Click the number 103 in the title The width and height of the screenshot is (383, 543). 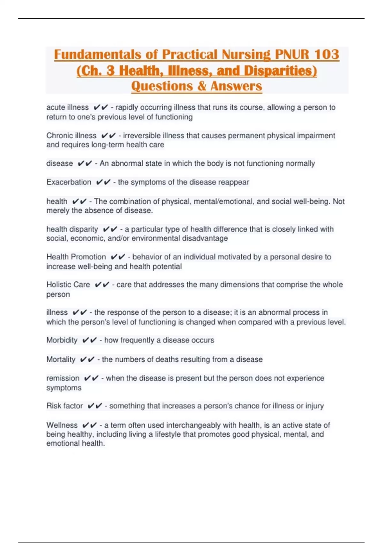point(326,54)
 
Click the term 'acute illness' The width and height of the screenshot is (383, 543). point(67,107)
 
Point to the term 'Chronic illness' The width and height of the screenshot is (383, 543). point(71,136)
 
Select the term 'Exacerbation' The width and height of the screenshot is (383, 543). point(69,182)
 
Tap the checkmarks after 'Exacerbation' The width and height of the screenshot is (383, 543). point(103,182)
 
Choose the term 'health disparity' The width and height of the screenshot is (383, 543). point(72,229)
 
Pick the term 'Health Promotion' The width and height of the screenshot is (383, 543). point(76,257)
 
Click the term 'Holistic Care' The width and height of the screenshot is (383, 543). point(68,285)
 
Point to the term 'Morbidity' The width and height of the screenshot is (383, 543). point(62,340)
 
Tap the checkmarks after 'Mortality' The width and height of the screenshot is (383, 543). point(87,360)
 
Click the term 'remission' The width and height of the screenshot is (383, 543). point(63,378)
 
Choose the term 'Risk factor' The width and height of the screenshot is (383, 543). point(64,406)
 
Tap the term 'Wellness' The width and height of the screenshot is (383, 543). point(62,425)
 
